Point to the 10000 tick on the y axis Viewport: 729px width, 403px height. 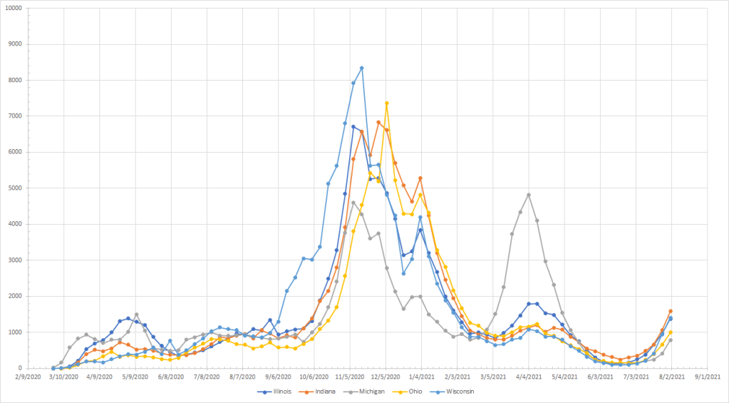click(x=11, y=8)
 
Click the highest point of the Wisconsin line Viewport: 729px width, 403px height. click(x=362, y=68)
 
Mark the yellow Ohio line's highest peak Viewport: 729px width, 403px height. click(x=387, y=103)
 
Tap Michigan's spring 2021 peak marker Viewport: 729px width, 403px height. click(x=529, y=195)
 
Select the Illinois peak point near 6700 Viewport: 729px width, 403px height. click(x=353, y=126)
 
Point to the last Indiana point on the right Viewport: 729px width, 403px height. click(x=671, y=311)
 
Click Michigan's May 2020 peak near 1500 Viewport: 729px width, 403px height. click(x=136, y=315)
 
